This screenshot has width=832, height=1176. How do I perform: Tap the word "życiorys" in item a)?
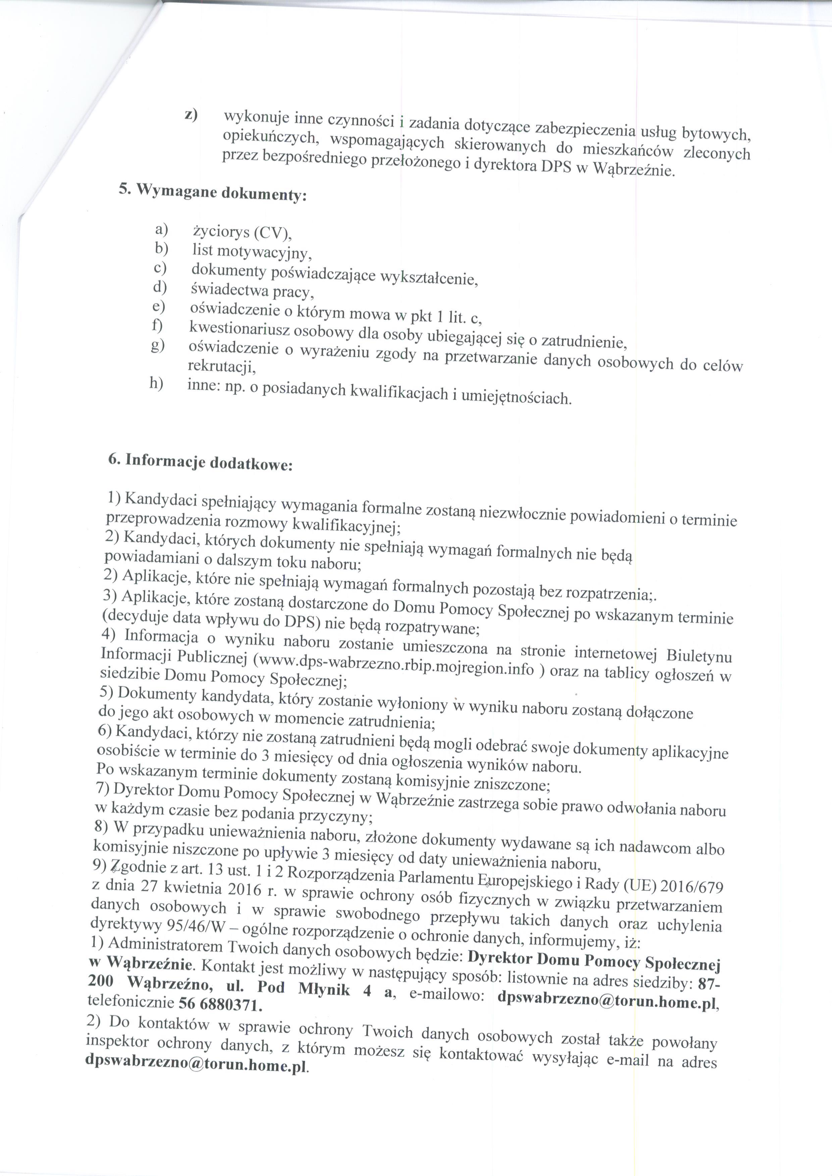221,232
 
